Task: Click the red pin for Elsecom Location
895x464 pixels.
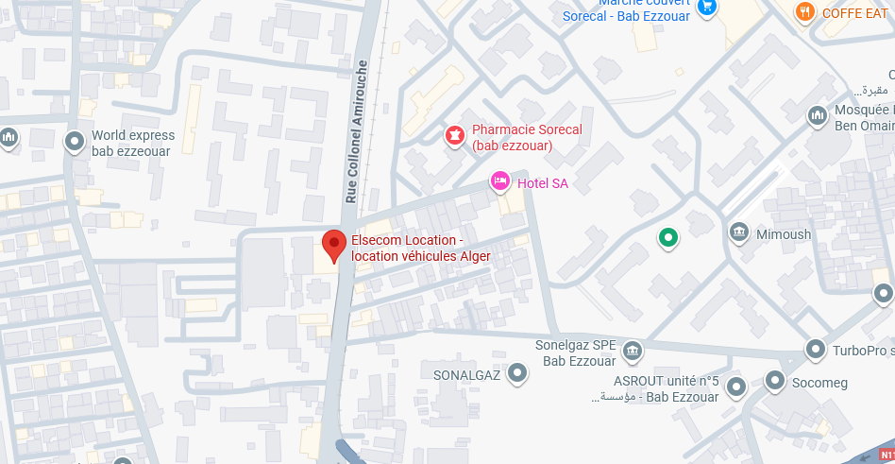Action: click(x=333, y=245)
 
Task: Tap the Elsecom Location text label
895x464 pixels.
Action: click(x=420, y=249)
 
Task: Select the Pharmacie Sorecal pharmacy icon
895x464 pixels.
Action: click(x=455, y=137)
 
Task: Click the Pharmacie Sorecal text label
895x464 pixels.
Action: click(x=527, y=138)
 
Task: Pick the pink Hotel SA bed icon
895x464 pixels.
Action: click(x=500, y=180)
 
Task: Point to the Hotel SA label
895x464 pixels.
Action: click(x=543, y=183)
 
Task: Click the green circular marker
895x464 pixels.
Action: click(x=668, y=237)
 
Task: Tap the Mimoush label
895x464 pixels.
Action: click(x=784, y=234)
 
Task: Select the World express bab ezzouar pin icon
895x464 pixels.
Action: click(x=75, y=143)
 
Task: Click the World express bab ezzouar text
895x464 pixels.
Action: click(x=133, y=143)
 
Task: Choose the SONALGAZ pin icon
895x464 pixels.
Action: click(x=516, y=374)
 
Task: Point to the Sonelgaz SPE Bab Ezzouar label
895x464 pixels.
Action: click(x=575, y=353)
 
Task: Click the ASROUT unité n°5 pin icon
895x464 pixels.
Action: click(x=735, y=387)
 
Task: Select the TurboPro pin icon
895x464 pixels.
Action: click(x=816, y=350)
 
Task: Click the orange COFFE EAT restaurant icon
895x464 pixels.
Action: click(x=804, y=12)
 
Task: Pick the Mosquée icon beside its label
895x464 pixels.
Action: click(x=818, y=116)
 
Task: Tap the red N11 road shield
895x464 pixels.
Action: click(x=886, y=455)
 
